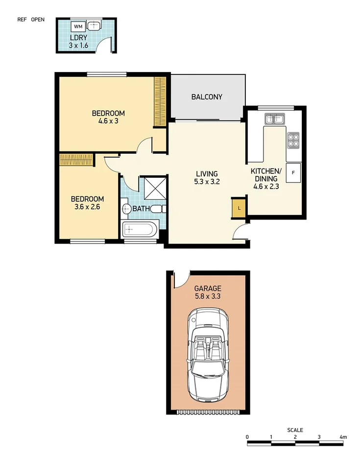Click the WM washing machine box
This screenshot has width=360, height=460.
[x=78, y=26]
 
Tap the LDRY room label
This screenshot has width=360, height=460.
[x=78, y=38]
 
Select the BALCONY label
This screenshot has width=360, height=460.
[x=207, y=97]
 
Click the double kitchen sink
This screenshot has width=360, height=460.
[x=275, y=119]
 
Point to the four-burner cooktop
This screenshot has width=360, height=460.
[x=293, y=141]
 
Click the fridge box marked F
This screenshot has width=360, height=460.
[x=293, y=172]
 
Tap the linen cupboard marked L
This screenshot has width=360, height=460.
[x=239, y=208]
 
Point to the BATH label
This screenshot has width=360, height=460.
[x=141, y=209]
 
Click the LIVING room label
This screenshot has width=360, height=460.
[x=207, y=174]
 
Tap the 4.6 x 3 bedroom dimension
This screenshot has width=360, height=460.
[x=108, y=121]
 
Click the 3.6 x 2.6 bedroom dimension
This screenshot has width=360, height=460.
[x=87, y=206]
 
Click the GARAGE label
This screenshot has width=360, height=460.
[x=208, y=289]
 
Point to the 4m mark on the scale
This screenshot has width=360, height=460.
[x=343, y=437]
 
